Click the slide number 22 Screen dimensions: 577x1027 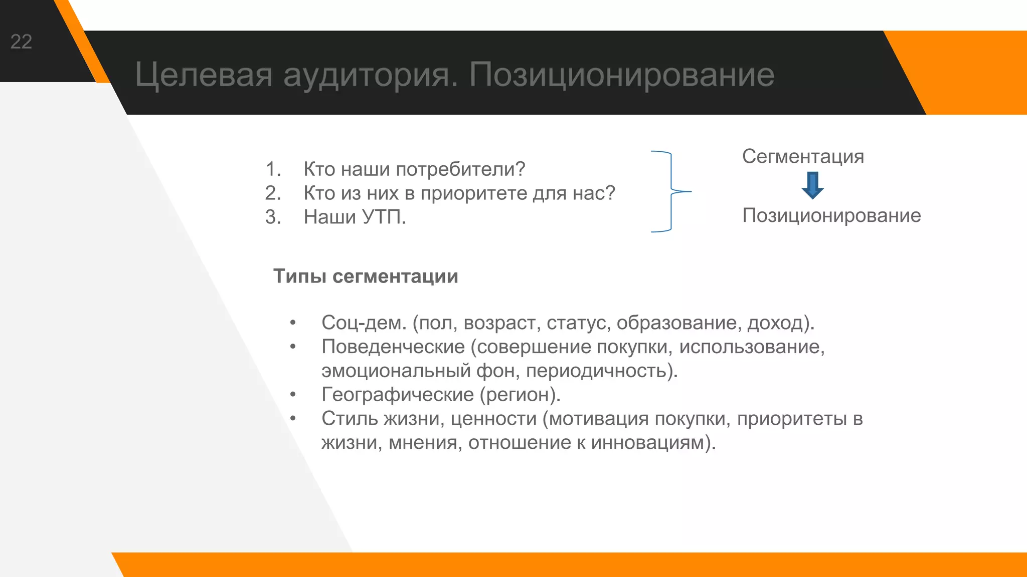click(21, 42)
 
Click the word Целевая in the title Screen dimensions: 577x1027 click(204, 75)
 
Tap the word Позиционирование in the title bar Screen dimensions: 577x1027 click(622, 75)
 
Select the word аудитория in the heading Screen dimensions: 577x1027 click(371, 75)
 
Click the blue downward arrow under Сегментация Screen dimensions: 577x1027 click(812, 185)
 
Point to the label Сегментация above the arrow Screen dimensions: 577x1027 click(803, 156)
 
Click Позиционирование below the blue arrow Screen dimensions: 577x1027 click(831, 215)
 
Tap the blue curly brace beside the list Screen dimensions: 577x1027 click(670, 191)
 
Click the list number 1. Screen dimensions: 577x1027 click(272, 169)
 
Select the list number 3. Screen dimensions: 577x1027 click(272, 217)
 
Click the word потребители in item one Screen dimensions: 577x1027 click(460, 169)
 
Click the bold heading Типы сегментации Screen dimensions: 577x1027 click(366, 276)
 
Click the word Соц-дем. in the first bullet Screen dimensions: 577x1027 click(364, 323)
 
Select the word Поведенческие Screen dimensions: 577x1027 click(393, 347)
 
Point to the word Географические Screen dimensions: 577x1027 click(397, 395)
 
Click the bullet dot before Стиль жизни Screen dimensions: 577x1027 click(293, 418)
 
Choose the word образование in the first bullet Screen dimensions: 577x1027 click(677, 323)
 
